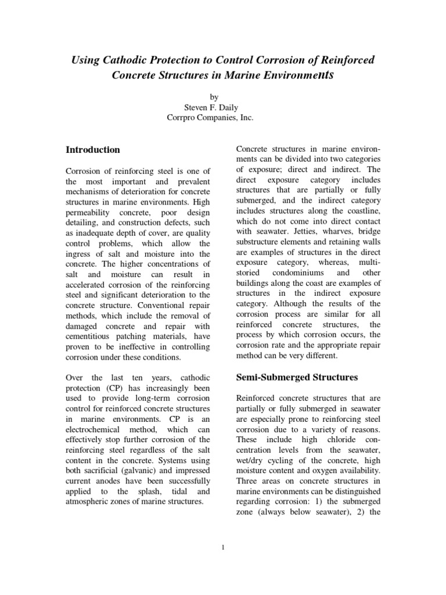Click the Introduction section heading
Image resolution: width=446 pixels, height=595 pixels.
tap(93, 149)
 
